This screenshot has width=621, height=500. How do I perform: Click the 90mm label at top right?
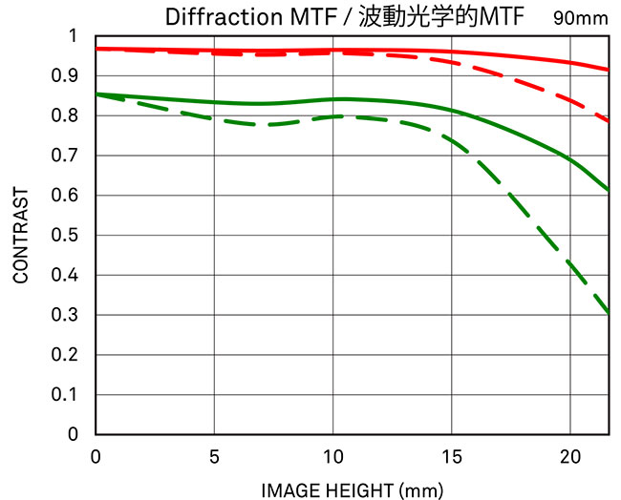[580, 17]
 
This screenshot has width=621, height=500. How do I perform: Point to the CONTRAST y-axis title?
[20, 235]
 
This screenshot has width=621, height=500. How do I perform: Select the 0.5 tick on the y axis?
[75, 235]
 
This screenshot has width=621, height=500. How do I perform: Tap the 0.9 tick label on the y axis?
[75, 75]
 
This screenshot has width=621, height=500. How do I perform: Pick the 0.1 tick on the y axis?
[75, 394]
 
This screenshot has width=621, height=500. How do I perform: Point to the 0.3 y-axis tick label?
[75, 315]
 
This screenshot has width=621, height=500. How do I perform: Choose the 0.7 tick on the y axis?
[75, 156]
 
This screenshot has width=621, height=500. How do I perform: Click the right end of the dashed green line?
[609, 312]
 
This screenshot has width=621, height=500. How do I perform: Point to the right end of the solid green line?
[609, 190]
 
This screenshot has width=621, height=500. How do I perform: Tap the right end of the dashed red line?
[609, 120]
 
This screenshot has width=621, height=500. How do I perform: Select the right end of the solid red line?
[609, 70]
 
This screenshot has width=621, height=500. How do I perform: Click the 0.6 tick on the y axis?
[75, 196]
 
